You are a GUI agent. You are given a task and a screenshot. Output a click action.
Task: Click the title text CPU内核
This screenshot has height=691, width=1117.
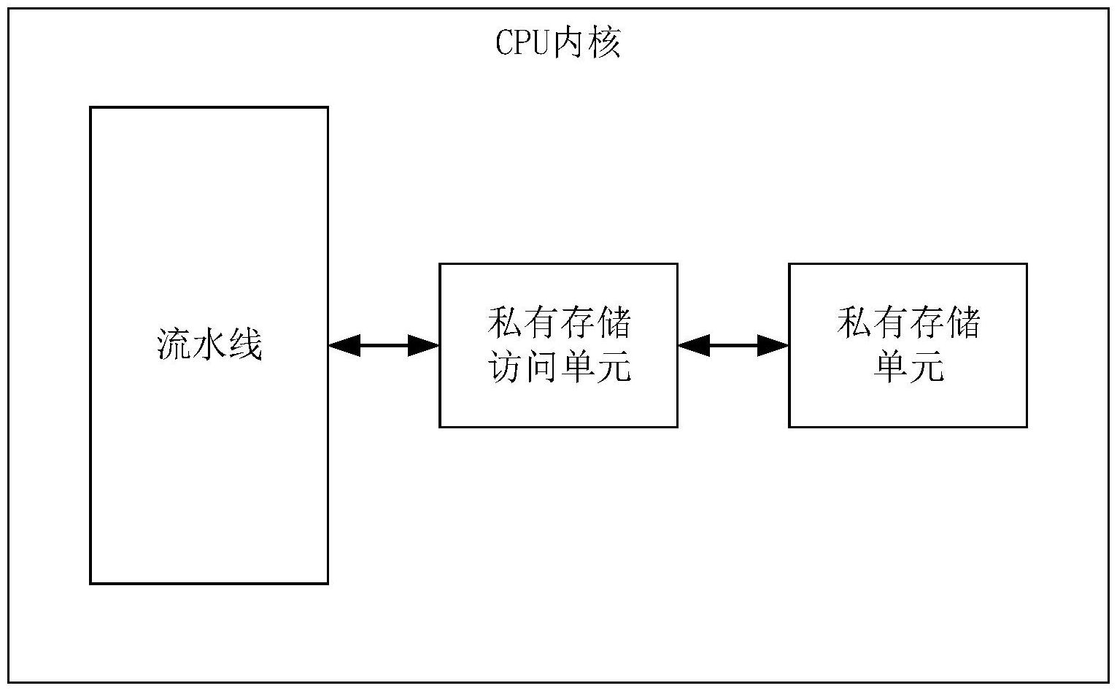[x=558, y=43]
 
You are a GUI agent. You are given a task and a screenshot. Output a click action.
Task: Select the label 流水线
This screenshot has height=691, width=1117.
[x=209, y=344]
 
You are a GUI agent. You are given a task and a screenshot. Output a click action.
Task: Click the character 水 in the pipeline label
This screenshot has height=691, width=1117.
[x=209, y=344]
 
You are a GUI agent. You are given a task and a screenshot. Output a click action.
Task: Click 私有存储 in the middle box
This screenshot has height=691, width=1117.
[x=559, y=323]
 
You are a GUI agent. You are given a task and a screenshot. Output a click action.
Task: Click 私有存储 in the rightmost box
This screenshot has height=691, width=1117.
[x=908, y=323]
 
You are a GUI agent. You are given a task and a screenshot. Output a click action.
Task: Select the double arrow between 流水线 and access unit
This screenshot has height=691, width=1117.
[x=384, y=345]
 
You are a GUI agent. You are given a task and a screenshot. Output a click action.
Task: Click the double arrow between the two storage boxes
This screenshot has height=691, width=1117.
[x=733, y=345]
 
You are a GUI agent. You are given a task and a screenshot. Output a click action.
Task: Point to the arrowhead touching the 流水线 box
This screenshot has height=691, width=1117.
[x=344, y=345]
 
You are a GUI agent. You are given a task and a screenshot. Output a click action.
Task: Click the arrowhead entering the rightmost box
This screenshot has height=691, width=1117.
[x=773, y=345]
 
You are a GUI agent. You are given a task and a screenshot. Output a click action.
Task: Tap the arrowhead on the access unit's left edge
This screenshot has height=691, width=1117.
[x=424, y=345]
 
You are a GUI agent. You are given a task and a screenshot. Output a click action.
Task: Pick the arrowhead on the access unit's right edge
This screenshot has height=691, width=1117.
[x=693, y=345]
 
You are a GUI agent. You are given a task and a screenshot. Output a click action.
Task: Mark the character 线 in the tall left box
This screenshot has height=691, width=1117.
[x=245, y=344]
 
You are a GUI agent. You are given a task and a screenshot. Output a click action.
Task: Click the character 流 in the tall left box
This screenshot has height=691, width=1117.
[x=174, y=344]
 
